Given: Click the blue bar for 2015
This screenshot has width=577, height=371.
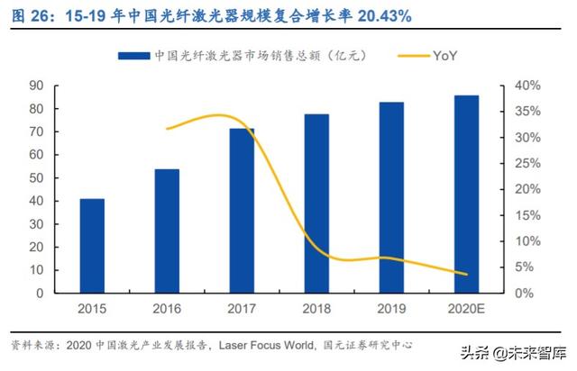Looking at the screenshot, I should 92,246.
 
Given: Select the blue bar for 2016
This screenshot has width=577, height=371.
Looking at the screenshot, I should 167,231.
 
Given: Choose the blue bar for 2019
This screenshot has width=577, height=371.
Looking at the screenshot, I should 391,197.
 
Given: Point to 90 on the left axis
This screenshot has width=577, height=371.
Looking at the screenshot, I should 38,86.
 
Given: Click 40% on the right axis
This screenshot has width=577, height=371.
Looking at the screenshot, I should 528,86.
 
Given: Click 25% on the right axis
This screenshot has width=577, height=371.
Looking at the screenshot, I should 528,164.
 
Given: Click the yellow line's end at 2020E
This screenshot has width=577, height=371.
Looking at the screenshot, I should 466,275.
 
